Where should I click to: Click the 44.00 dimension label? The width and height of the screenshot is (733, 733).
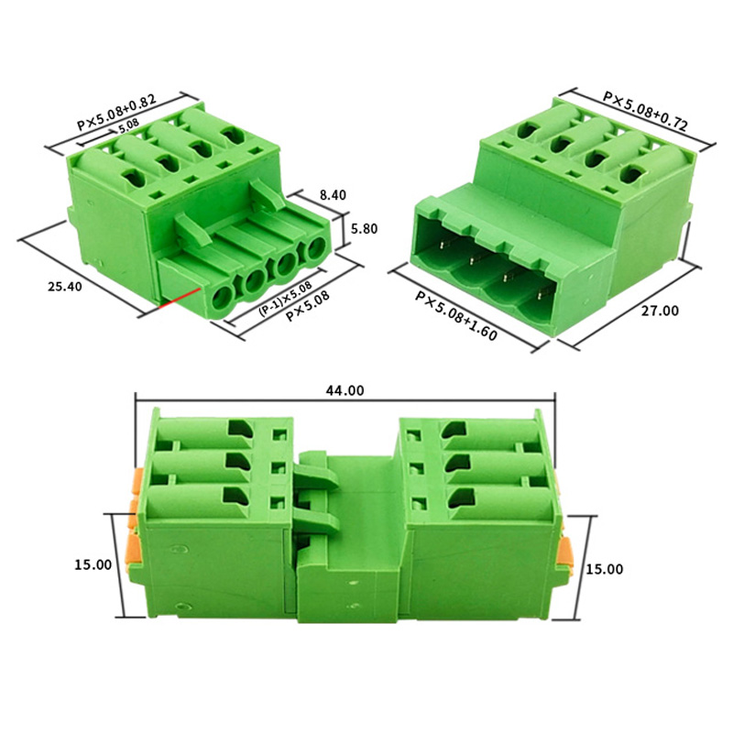tap(345, 391)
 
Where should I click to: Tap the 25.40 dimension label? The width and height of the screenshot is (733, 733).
tap(64, 287)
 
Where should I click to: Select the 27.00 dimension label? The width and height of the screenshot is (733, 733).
tap(660, 311)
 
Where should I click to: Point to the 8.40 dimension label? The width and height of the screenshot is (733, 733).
tap(333, 195)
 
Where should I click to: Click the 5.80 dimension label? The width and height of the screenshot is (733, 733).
tap(364, 229)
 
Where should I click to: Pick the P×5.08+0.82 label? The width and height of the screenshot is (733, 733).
tap(116, 113)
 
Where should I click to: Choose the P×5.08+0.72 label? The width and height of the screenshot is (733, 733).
tap(646, 111)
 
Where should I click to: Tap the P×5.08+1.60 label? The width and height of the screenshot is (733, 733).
tap(456, 316)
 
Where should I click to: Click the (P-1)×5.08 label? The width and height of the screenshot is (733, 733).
tap(285, 299)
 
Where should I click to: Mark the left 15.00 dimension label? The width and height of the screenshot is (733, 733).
tap(93, 564)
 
